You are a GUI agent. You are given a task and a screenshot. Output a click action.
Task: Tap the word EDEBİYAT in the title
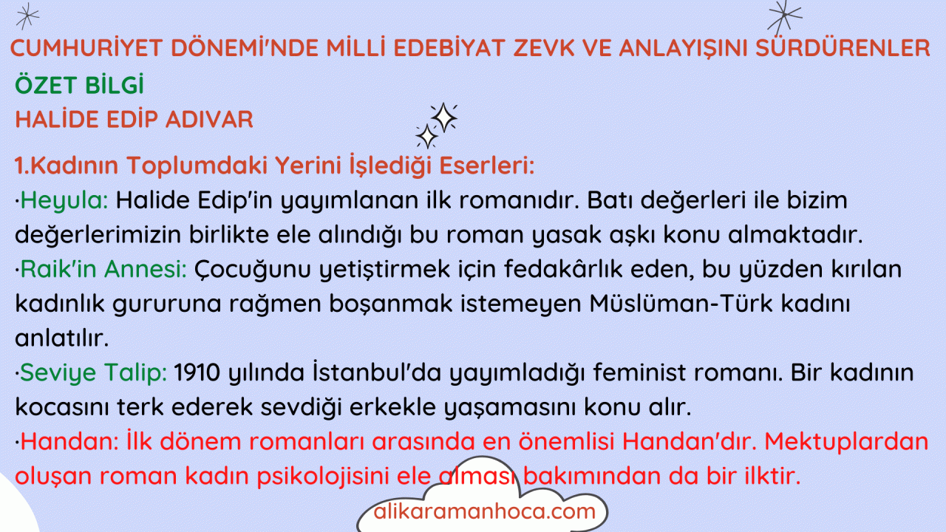[x=449, y=47]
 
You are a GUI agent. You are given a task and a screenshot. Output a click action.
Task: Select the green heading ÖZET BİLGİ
[x=79, y=84]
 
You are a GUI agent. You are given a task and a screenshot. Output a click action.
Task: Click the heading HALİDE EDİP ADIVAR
[x=134, y=119]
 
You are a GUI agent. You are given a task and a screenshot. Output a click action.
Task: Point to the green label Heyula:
[x=64, y=201]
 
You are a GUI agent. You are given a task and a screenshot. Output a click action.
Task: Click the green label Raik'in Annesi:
[x=103, y=269]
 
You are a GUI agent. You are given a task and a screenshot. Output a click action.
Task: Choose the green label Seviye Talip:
[x=93, y=373]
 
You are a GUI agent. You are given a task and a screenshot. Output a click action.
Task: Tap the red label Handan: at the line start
[x=69, y=442]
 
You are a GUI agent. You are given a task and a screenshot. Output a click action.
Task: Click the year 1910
[x=197, y=373]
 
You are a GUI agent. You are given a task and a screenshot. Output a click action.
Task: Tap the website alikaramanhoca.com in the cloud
[x=484, y=511]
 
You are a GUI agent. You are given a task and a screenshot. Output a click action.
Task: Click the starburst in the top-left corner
[x=27, y=16]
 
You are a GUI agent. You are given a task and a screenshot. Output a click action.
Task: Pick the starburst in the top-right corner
[x=784, y=17]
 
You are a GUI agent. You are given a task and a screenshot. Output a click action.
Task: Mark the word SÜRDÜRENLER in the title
[x=843, y=47]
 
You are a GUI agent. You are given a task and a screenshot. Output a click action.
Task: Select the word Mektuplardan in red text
[x=846, y=442]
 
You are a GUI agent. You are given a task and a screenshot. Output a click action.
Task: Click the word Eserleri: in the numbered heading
[x=487, y=165]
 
